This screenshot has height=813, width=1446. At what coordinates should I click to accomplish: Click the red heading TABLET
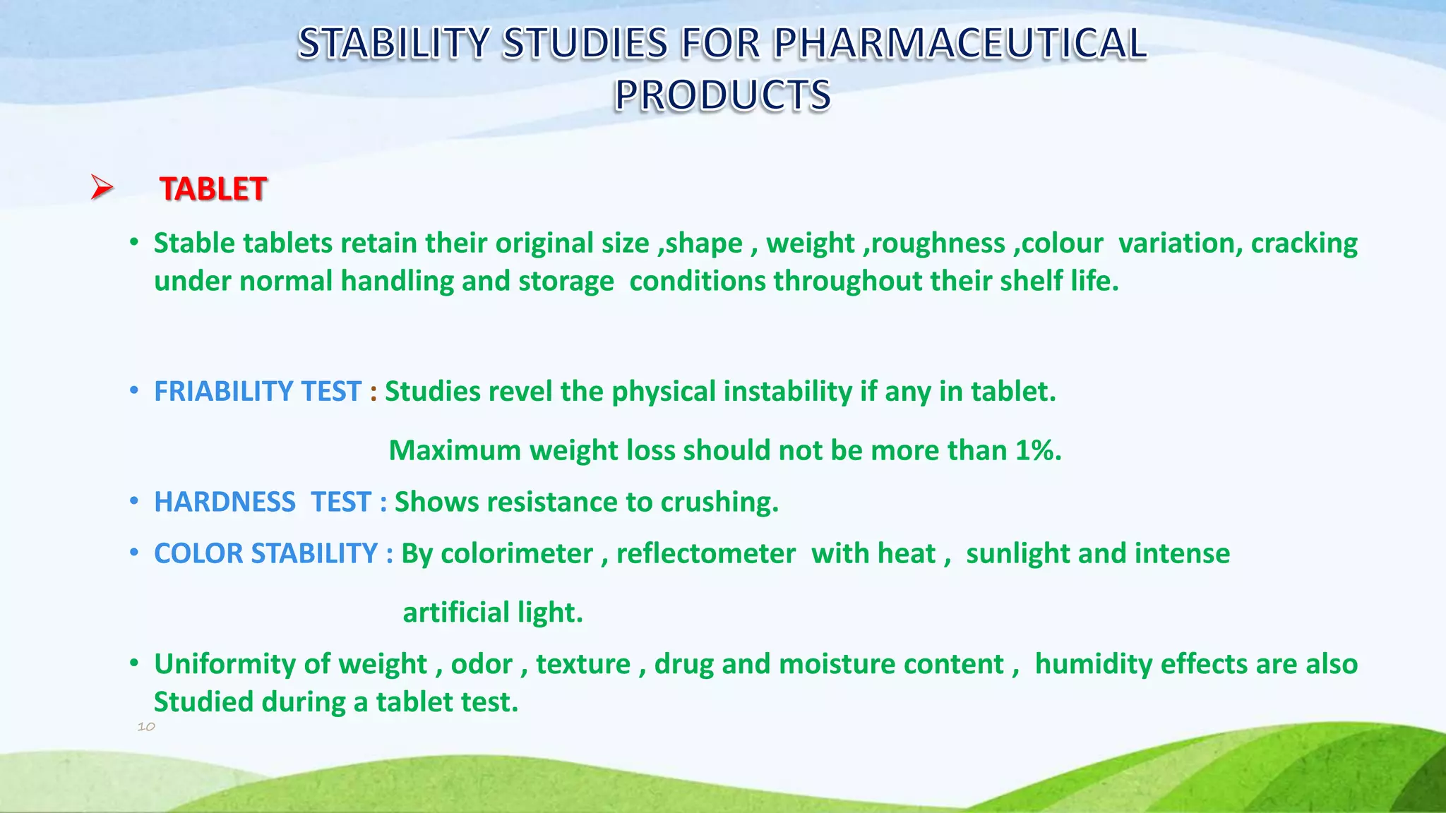pos(213,189)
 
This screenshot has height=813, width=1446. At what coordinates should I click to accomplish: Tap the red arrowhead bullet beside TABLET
pos(102,188)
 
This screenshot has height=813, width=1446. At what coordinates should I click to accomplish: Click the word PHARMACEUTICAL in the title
pos(960,43)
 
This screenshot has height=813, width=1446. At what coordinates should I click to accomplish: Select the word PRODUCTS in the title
pos(722,95)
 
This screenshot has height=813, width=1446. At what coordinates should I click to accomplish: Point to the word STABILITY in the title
pos(393,43)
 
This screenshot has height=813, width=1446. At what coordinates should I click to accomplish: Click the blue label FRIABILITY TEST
pos(258,392)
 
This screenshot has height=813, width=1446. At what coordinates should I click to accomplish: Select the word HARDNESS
pos(225,502)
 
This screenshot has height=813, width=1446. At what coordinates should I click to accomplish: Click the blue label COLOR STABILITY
pos(266,553)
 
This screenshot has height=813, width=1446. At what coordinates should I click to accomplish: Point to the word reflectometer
pos(705,553)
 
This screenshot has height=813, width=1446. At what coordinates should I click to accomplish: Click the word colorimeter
pos(517,553)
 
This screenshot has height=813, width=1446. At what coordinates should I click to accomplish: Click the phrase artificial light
pos(492,613)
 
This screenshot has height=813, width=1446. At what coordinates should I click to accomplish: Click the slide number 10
pos(146,726)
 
